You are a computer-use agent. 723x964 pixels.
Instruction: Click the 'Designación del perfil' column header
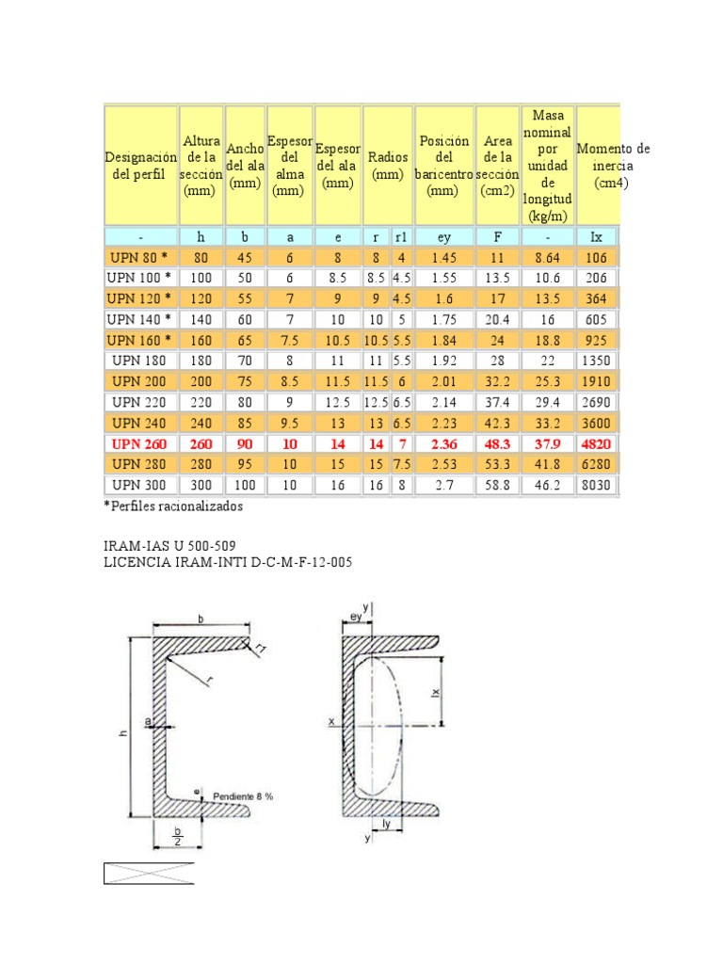(x=139, y=166)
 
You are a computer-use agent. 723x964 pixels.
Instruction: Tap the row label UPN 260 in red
(x=140, y=442)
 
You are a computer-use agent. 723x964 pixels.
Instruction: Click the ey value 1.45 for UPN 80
(x=444, y=257)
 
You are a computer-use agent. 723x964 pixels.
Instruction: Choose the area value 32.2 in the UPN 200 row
(x=496, y=380)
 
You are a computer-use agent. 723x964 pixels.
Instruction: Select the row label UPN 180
(x=140, y=360)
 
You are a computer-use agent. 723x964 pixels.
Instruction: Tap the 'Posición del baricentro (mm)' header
(x=444, y=166)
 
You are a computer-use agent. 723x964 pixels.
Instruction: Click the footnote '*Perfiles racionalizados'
(x=173, y=506)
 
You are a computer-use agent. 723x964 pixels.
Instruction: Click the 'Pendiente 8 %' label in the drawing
(x=243, y=796)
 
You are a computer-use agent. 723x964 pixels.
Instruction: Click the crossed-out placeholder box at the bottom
(x=148, y=873)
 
